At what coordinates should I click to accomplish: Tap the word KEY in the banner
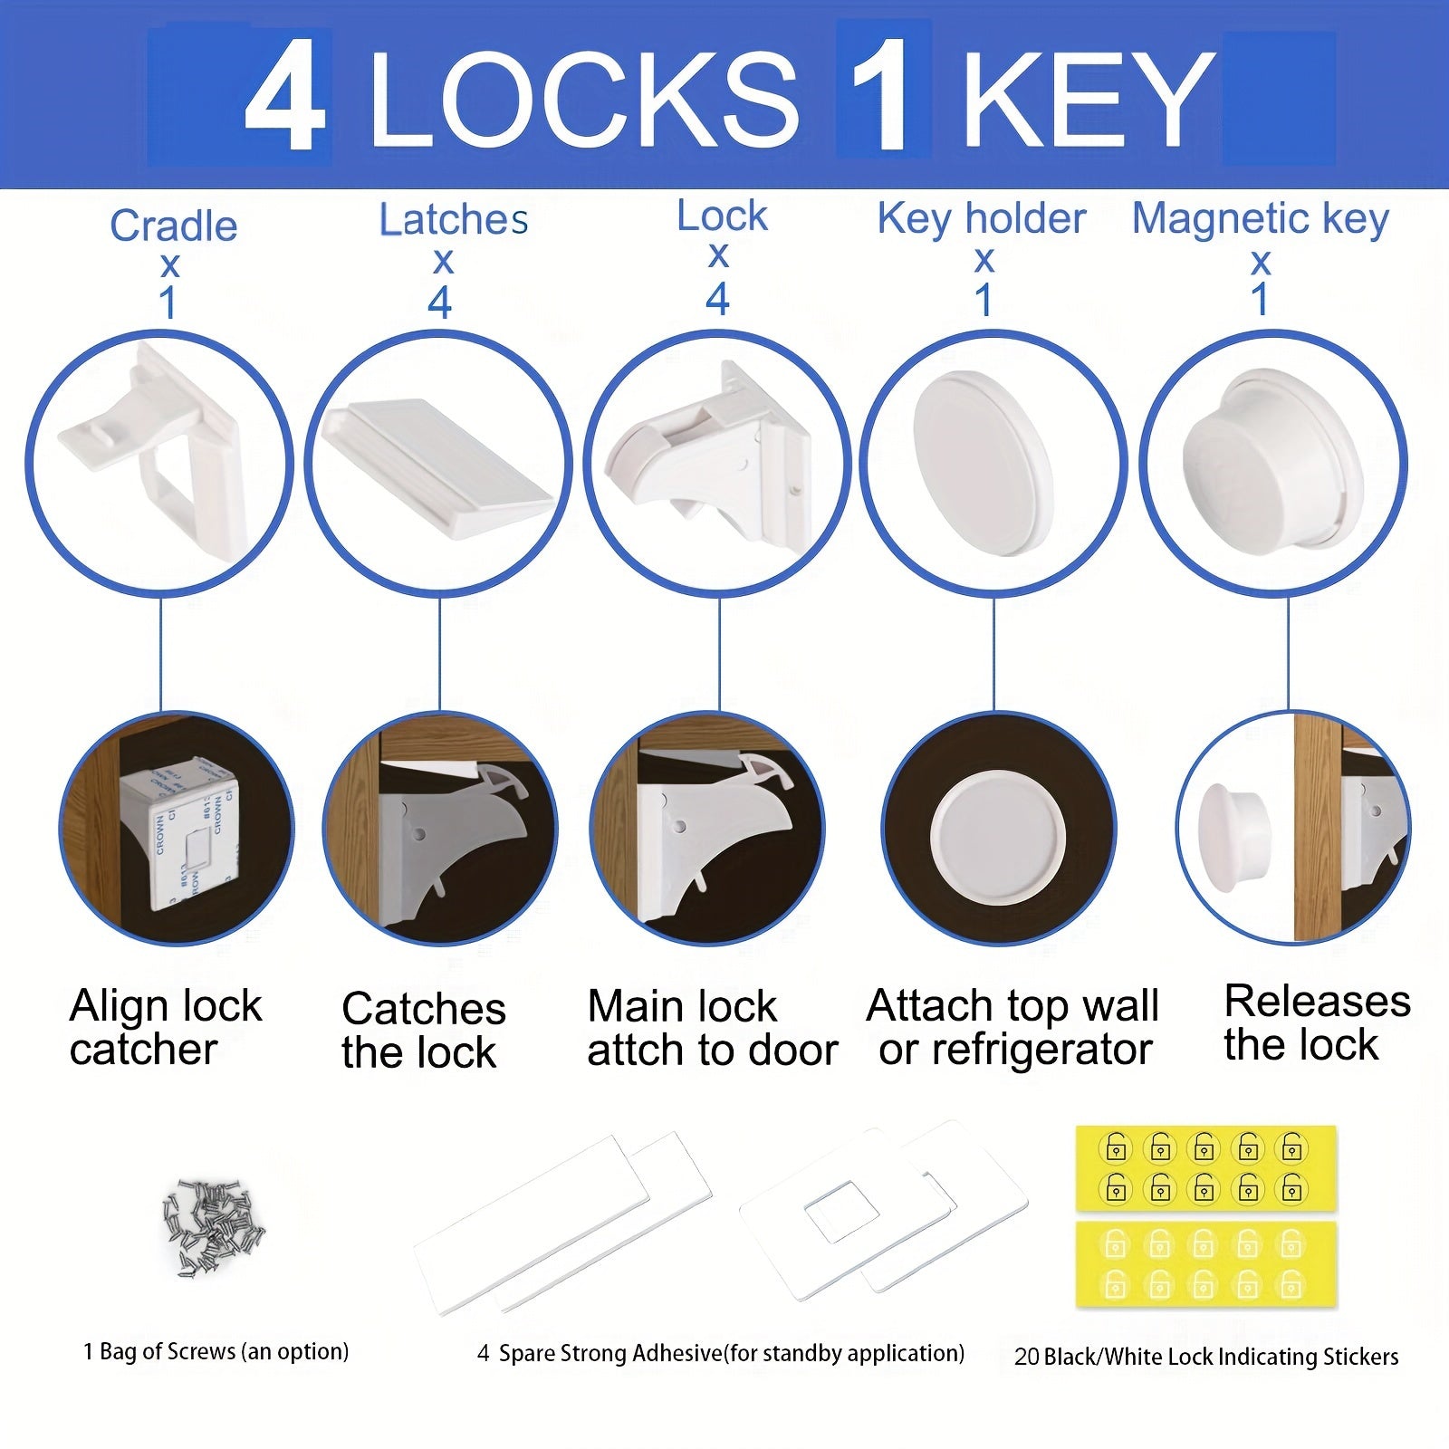click(x=1087, y=98)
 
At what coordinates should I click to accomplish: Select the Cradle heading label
click(x=173, y=226)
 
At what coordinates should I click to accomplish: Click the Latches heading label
click(x=453, y=219)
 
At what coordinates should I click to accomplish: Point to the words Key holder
click(x=982, y=219)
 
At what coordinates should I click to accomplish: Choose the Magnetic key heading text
click(x=1260, y=219)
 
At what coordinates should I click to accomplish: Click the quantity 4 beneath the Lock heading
click(x=717, y=300)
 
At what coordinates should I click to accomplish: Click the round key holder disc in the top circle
click(x=984, y=462)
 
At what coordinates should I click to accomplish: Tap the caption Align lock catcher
click(x=165, y=1027)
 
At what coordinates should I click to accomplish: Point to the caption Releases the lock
click(x=1316, y=1022)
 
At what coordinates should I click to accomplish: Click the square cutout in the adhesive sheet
click(x=842, y=1214)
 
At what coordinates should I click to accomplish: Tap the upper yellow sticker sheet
click(x=1205, y=1168)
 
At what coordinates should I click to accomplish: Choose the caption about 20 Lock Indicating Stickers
click(x=1205, y=1357)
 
